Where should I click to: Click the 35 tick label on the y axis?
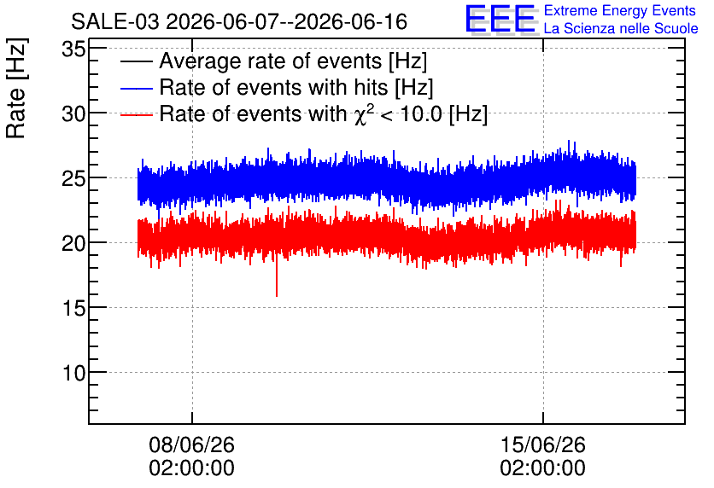pos(73,49)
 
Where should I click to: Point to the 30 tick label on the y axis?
pos(73,113)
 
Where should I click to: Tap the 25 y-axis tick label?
pos(73,179)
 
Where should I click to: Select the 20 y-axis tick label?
pos(73,244)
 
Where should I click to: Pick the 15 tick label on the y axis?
pos(73,309)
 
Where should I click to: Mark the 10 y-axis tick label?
pos(73,374)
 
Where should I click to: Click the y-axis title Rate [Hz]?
pos(16,88)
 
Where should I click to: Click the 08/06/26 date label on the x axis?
pos(191,444)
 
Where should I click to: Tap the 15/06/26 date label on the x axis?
pos(543,444)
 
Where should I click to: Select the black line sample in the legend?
pos(136,61)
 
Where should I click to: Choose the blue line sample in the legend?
pos(136,88)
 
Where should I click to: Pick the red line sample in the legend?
pos(136,114)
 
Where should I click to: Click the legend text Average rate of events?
pos(271,61)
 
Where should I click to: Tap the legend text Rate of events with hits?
pos(273,87)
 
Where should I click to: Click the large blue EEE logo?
pos(501,19)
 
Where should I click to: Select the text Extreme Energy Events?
pos(620,10)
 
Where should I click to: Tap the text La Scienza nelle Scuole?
pos(621,29)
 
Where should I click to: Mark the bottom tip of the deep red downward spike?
pos(277,296)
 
